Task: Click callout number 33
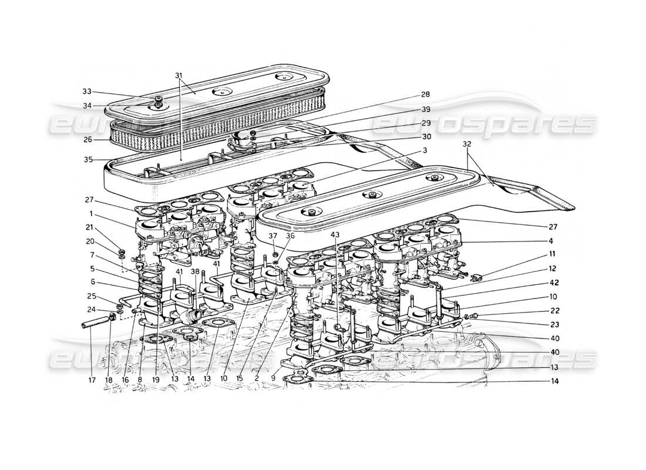(x=86, y=91)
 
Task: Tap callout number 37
(x=272, y=236)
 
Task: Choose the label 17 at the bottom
(x=92, y=379)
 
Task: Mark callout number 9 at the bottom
(x=272, y=379)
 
